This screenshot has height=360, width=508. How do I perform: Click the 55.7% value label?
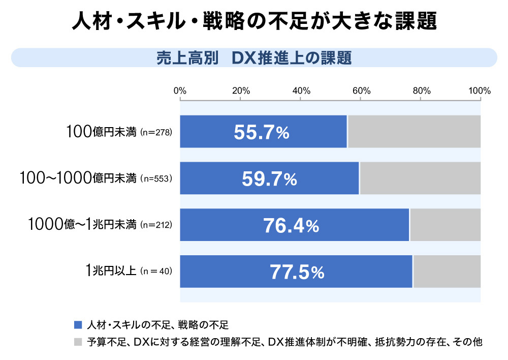coord(262,133)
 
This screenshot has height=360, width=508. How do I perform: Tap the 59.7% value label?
coord(269,179)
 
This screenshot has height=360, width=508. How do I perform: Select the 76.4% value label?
coord(291,226)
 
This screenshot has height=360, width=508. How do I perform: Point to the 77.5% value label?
coord(297,273)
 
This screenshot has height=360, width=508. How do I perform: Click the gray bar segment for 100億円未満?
coord(414,132)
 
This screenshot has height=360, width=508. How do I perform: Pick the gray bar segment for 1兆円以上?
coord(447,272)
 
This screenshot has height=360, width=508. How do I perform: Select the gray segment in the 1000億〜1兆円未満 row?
coord(445,225)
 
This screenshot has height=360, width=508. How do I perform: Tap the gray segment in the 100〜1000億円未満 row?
coord(420,178)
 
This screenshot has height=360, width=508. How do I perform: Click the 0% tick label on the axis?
coord(180,91)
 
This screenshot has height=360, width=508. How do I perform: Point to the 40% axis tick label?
coord(301,91)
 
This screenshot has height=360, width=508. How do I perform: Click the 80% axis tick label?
coord(422,91)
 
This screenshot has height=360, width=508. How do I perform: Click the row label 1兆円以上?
coord(110,271)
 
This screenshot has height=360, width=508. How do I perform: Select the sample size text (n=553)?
coord(156,178)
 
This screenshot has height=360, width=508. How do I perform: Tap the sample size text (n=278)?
coord(156,132)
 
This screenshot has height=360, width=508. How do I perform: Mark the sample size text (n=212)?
coord(156,225)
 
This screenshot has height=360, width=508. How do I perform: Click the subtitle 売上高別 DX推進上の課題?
coord(253,58)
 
